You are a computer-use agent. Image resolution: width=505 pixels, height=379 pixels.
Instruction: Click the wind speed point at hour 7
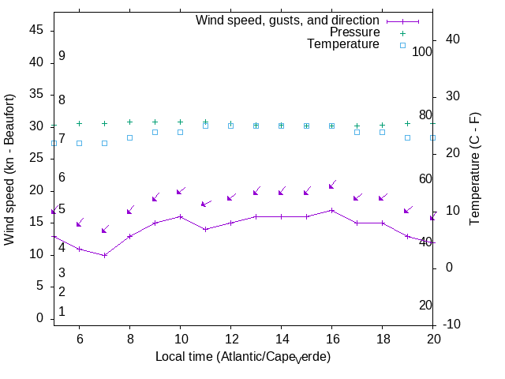pyautogui.click(x=104, y=255)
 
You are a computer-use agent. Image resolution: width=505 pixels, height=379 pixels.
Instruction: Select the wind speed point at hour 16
pyautogui.click(x=331, y=210)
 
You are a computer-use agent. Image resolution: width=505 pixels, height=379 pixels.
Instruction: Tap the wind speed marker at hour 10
pyautogui.click(x=180, y=216)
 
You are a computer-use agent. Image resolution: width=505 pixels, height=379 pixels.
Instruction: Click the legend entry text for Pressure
pyautogui.click(x=354, y=32)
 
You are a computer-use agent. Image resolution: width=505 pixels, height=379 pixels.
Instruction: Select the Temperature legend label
pyautogui.click(x=343, y=45)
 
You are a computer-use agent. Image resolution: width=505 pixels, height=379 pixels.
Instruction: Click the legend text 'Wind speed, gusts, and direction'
pyautogui.click(x=287, y=21)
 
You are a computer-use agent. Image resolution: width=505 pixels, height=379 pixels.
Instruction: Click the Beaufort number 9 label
pyautogui.click(x=62, y=56)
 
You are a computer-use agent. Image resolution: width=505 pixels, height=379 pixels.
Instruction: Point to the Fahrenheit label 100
pyautogui.click(x=423, y=51)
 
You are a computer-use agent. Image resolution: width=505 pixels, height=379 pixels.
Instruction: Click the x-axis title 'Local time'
pyautogui.click(x=242, y=357)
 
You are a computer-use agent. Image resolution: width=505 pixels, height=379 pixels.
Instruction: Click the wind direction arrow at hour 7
pyautogui.click(x=104, y=230)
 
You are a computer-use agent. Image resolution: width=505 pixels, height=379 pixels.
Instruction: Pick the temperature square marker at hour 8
pyautogui.click(x=129, y=137)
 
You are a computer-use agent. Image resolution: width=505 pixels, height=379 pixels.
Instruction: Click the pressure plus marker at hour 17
pyautogui.click(x=357, y=126)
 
